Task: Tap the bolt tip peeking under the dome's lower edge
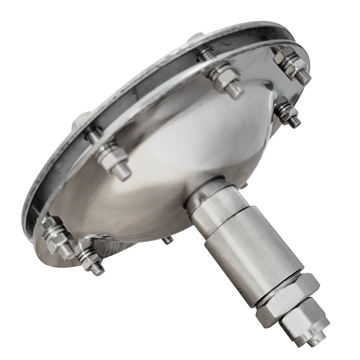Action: (x=168, y=240)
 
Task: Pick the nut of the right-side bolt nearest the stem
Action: (x=283, y=112)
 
